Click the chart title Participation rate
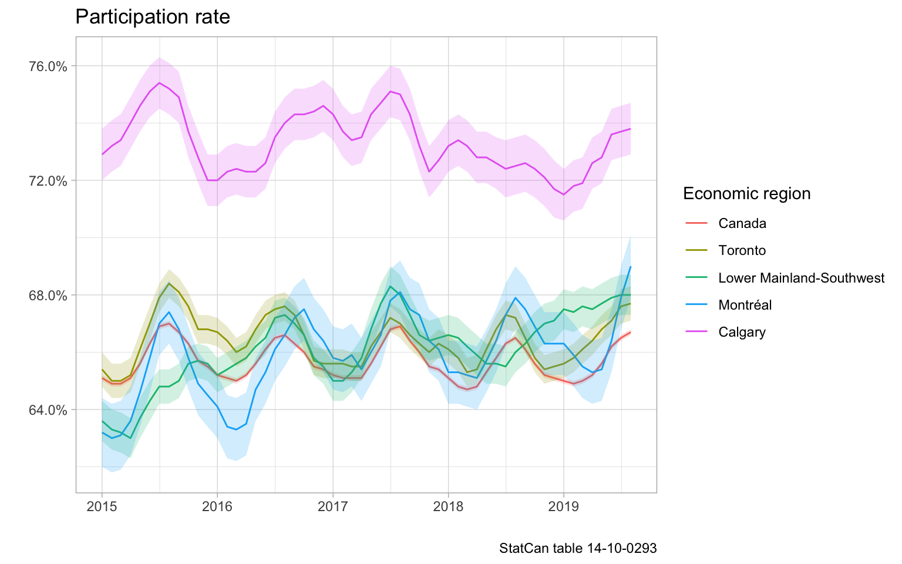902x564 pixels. pyautogui.click(x=153, y=17)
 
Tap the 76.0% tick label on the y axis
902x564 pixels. pyautogui.click(x=48, y=66)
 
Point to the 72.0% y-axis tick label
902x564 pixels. pyautogui.click(x=48, y=180)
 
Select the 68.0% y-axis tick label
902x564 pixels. pyautogui.click(x=48, y=295)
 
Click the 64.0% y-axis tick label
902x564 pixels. pyautogui.click(x=48, y=409)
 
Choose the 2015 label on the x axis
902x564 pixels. pyautogui.click(x=102, y=506)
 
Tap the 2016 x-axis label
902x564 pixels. pyautogui.click(x=217, y=506)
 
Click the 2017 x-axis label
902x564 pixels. pyautogui.click(x=332, y=506)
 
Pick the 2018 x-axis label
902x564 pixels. pyautogui.click(x=448, y=506)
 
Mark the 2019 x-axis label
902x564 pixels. pyautogui.click(x=564, y=506)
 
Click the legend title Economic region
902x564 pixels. pyautogui.click(x=746, y=194)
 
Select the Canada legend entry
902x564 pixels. pyautogui.click(x=742, y=223)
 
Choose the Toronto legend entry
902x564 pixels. pyautogui.click(x=742, y=251)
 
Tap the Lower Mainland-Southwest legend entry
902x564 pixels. pyautogui.click(x=801, y=278)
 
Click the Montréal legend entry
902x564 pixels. pyautogui.click(x=745, y=305)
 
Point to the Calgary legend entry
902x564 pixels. pyautogui.click(x=742, y=333)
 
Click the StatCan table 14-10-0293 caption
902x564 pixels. pyautogui.click(x=578, y=549)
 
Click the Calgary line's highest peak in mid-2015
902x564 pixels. pyautogui.click(x=159, y=83)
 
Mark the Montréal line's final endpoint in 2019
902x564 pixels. pyautogui.click(x=630, y=267)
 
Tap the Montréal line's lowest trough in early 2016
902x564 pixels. pyautogui.click(x=236, y=429)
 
